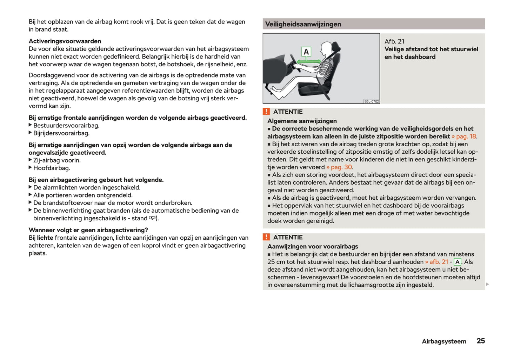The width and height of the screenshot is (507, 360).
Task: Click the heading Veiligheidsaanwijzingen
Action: [x=303, y=24]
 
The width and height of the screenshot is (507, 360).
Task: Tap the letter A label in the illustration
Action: [x=306, y=52]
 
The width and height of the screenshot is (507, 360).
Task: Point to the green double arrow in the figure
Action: [x=308, y=62]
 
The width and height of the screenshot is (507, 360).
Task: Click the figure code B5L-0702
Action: [x=371, y=101]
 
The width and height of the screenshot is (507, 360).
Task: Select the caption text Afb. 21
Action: [x=394, y=41]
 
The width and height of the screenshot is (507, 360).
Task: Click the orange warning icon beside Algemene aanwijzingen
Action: [x=266, y=112]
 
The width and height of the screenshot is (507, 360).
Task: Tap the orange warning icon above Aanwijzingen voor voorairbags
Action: [x=266, y=237]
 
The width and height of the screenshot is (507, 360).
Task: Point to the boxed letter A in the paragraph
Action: [x=457, y=262]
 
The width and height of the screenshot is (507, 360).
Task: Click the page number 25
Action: [x=480, y=341]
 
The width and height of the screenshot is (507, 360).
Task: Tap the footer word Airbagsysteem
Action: [x=444, y=341]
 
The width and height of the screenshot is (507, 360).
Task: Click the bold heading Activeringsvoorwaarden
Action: [x=65, y=41]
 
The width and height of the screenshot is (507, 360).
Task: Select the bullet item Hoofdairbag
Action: [x=52, y=168]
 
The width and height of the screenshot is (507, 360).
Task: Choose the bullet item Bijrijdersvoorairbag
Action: [x=61, y=133]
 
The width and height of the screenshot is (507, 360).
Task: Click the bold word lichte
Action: [x=45, y=238]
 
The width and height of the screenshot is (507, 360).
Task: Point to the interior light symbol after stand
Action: [x=152, y=218]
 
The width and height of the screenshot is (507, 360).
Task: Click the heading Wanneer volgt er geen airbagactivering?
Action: [x=88, y=230]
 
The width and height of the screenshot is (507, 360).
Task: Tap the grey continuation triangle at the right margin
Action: [x=487, y=284]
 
